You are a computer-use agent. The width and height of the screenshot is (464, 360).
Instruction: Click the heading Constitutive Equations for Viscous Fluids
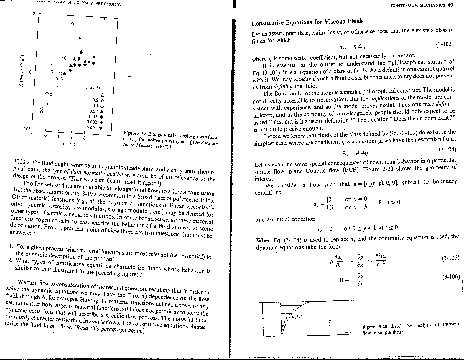click(x=308, y=22)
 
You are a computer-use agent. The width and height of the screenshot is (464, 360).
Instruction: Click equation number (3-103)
click(x=445, y=44)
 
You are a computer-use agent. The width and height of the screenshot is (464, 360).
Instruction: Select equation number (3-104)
click(x=447, y=149)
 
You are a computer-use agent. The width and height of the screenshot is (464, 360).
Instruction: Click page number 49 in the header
click(x=450, y=5)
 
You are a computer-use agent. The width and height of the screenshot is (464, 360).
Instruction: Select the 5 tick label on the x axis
click(x=111, y=140)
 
